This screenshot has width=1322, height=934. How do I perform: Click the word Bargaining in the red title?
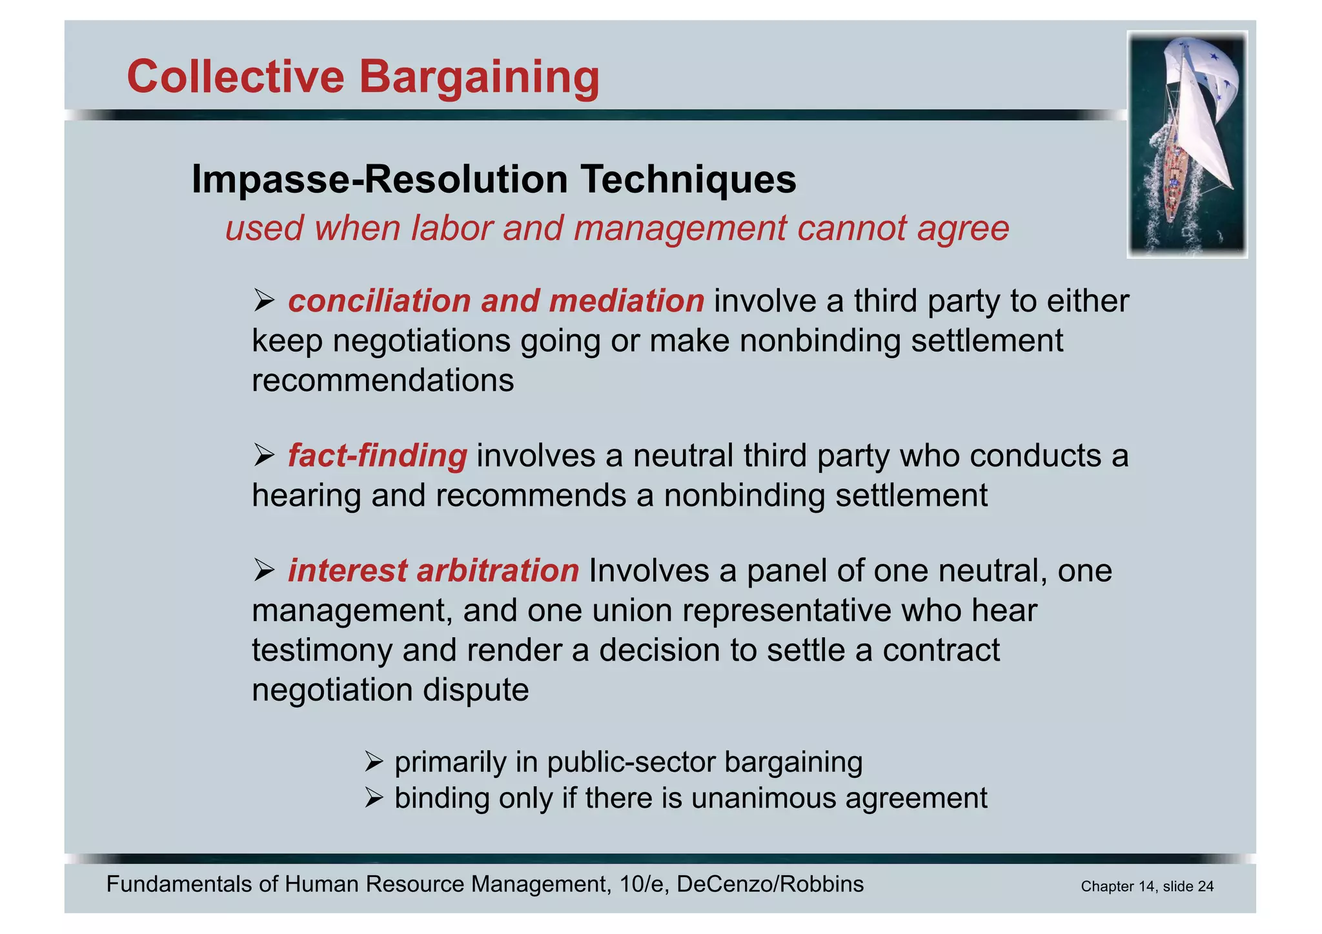click(x=479, y=77)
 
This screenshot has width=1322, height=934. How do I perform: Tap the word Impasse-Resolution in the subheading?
click(x=380, y=179)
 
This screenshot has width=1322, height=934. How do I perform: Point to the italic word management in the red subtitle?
click(x=680, y=228)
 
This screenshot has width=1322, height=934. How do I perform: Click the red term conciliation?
click(x=380, y=301)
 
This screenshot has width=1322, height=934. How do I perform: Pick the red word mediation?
click(x=626, y=301)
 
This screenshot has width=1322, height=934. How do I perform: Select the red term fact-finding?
click(x=377, y=455)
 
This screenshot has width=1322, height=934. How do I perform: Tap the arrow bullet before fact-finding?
click(x=264, y=455)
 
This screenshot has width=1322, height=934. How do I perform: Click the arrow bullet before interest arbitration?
click(x=264, y=571)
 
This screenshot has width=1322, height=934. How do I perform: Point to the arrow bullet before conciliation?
click(x=264, y=301)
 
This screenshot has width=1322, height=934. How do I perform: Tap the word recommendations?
click(x=383, y=380)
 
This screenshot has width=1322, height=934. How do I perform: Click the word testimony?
click(x=321, y=650)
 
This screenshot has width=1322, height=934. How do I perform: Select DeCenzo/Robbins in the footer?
click(x=770, y=884)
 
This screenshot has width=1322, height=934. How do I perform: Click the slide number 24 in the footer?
click(x=1205, y=887)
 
